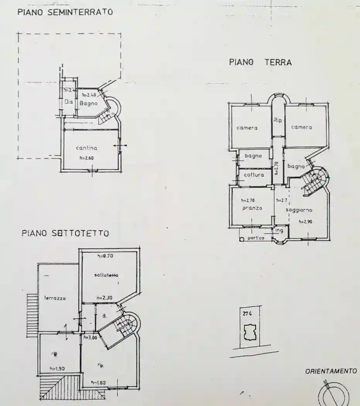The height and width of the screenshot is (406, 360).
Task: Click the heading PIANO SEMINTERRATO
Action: click(x=65, y=12)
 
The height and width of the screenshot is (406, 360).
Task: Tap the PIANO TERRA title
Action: click(x=260, y=62)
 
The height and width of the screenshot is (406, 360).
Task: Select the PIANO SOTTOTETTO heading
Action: click(x=65, y=233)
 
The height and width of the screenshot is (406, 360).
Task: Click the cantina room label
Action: click(x=86, y=148)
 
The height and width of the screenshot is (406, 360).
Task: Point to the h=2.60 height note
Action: click(x=87, y=158)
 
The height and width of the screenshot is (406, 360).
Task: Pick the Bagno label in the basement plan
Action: click(x=89, y=103)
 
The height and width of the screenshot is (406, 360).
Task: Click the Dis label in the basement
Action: click(x=69, y=102)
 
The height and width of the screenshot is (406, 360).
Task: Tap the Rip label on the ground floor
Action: click(x=278, y=120)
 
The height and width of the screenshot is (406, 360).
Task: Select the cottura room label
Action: click(x=254, y=175)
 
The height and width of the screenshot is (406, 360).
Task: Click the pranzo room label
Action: click(x=252, y=208)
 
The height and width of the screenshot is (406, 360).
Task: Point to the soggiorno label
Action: click(x=299, y=210)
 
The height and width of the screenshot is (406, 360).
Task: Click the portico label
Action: click(x=256, y=238)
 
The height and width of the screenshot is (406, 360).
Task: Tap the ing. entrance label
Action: click(x=280, y=230)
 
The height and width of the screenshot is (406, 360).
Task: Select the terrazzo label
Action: click(x=55, y=298)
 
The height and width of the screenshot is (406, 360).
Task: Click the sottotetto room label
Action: click(x=106, y=275)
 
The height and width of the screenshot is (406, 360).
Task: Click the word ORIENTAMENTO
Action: click(x=331, y=371)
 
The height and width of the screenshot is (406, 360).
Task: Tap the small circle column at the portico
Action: click(x=242, y=239)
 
